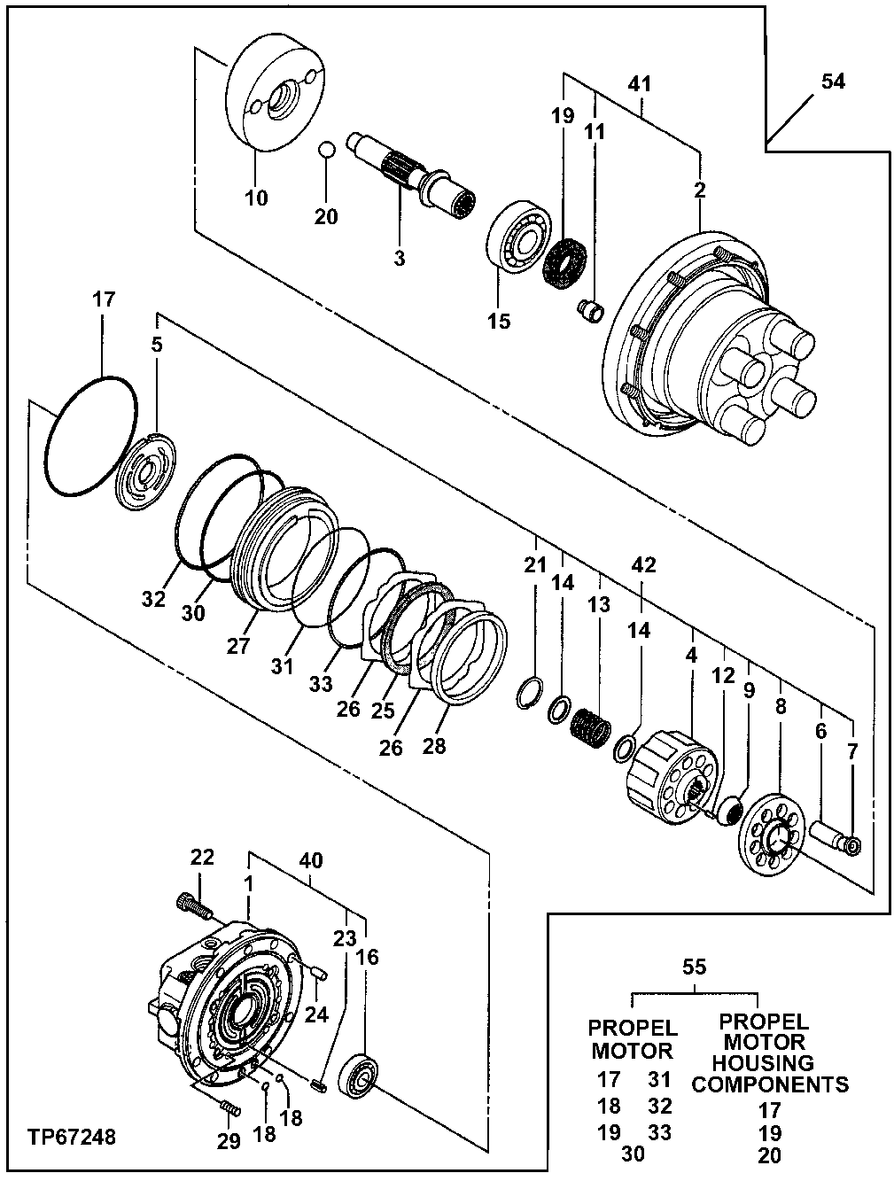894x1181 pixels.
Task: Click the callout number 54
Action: tap(832, 82)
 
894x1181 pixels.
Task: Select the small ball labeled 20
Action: tap(326, 149)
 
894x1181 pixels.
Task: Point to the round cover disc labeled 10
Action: tap(276, 93)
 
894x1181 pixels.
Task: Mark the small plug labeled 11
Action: tap(590, 310)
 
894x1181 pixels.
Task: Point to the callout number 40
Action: tap(312, 859)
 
